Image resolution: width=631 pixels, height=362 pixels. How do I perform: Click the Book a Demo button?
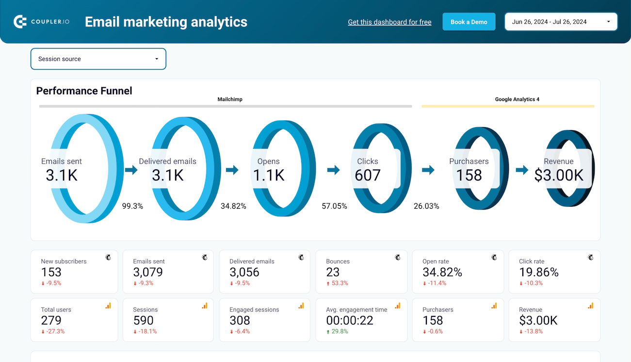click(x=469, y=22)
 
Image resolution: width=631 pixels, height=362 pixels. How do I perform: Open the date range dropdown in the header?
click(x=561, y=22)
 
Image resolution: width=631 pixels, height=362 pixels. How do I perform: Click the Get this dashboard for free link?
click(x=389, y=22)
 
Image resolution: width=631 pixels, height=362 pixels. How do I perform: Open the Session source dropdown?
click(x=98, y=59)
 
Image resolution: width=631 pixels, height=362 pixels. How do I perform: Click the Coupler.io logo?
click(x=41, y=22)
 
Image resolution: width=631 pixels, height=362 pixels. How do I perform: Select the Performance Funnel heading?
click(x=84, y=91)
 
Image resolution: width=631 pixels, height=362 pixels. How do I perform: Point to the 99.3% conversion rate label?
click(x=132, y=206)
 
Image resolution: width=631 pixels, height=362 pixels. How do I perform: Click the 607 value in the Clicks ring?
click(x=368, y=175)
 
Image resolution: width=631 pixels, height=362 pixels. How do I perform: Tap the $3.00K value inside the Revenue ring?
click(x=559, y=175)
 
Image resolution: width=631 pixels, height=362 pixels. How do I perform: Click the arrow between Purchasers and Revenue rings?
click(x=521, y=170)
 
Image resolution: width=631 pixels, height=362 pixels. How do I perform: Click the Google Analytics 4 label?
click(x=517, y=99)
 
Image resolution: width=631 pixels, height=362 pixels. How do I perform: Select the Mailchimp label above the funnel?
click(x=230, y=99)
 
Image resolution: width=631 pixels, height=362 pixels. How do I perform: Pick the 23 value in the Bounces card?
click(x=333, y=272)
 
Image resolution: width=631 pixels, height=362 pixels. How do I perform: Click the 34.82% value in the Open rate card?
click(x=442, y=272)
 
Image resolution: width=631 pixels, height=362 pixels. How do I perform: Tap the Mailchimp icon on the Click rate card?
click(x=590, y=257)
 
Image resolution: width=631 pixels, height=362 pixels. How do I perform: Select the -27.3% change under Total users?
click(x=53, y=331)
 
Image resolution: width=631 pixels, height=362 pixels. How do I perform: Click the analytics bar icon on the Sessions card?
click(x=205, y=306)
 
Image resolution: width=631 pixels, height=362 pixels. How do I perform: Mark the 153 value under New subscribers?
click(x=51, y=272)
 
